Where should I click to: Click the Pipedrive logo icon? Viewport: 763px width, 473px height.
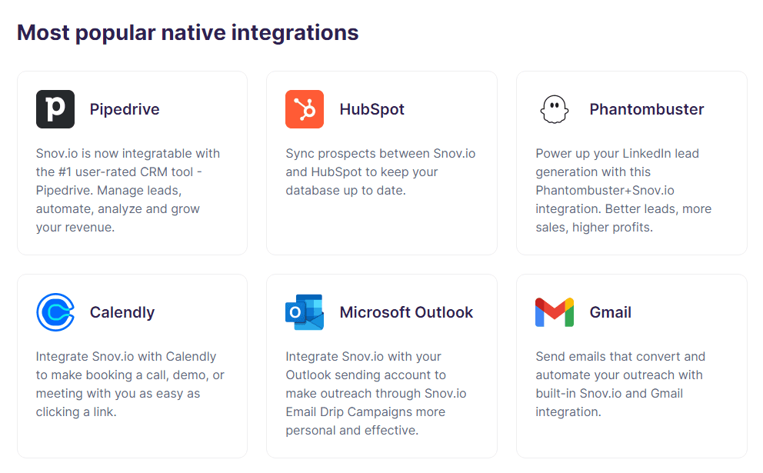click(x=55, y=109)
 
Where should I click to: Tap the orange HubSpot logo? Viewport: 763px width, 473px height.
click(x=305, y=109)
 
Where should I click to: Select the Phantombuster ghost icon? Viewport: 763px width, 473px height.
click(x=554, y=109)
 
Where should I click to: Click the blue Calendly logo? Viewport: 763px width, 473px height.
click(x=55, y=312)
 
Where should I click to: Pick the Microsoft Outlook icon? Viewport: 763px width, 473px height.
click(x=305, y=312)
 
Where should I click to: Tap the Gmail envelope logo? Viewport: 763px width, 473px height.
click(x=554, y=312)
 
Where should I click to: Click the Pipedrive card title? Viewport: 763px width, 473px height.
click(x=125, y=109)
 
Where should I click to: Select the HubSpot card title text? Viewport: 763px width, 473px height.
click(x=372, y=109)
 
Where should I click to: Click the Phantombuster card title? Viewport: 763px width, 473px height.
click(x=646, y=109)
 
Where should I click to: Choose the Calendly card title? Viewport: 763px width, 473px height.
click(x=122, y=312)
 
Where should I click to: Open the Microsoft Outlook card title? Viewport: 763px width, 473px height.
click(x=406, y=312)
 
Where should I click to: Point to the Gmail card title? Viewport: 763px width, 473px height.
click(x=611, y=312)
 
